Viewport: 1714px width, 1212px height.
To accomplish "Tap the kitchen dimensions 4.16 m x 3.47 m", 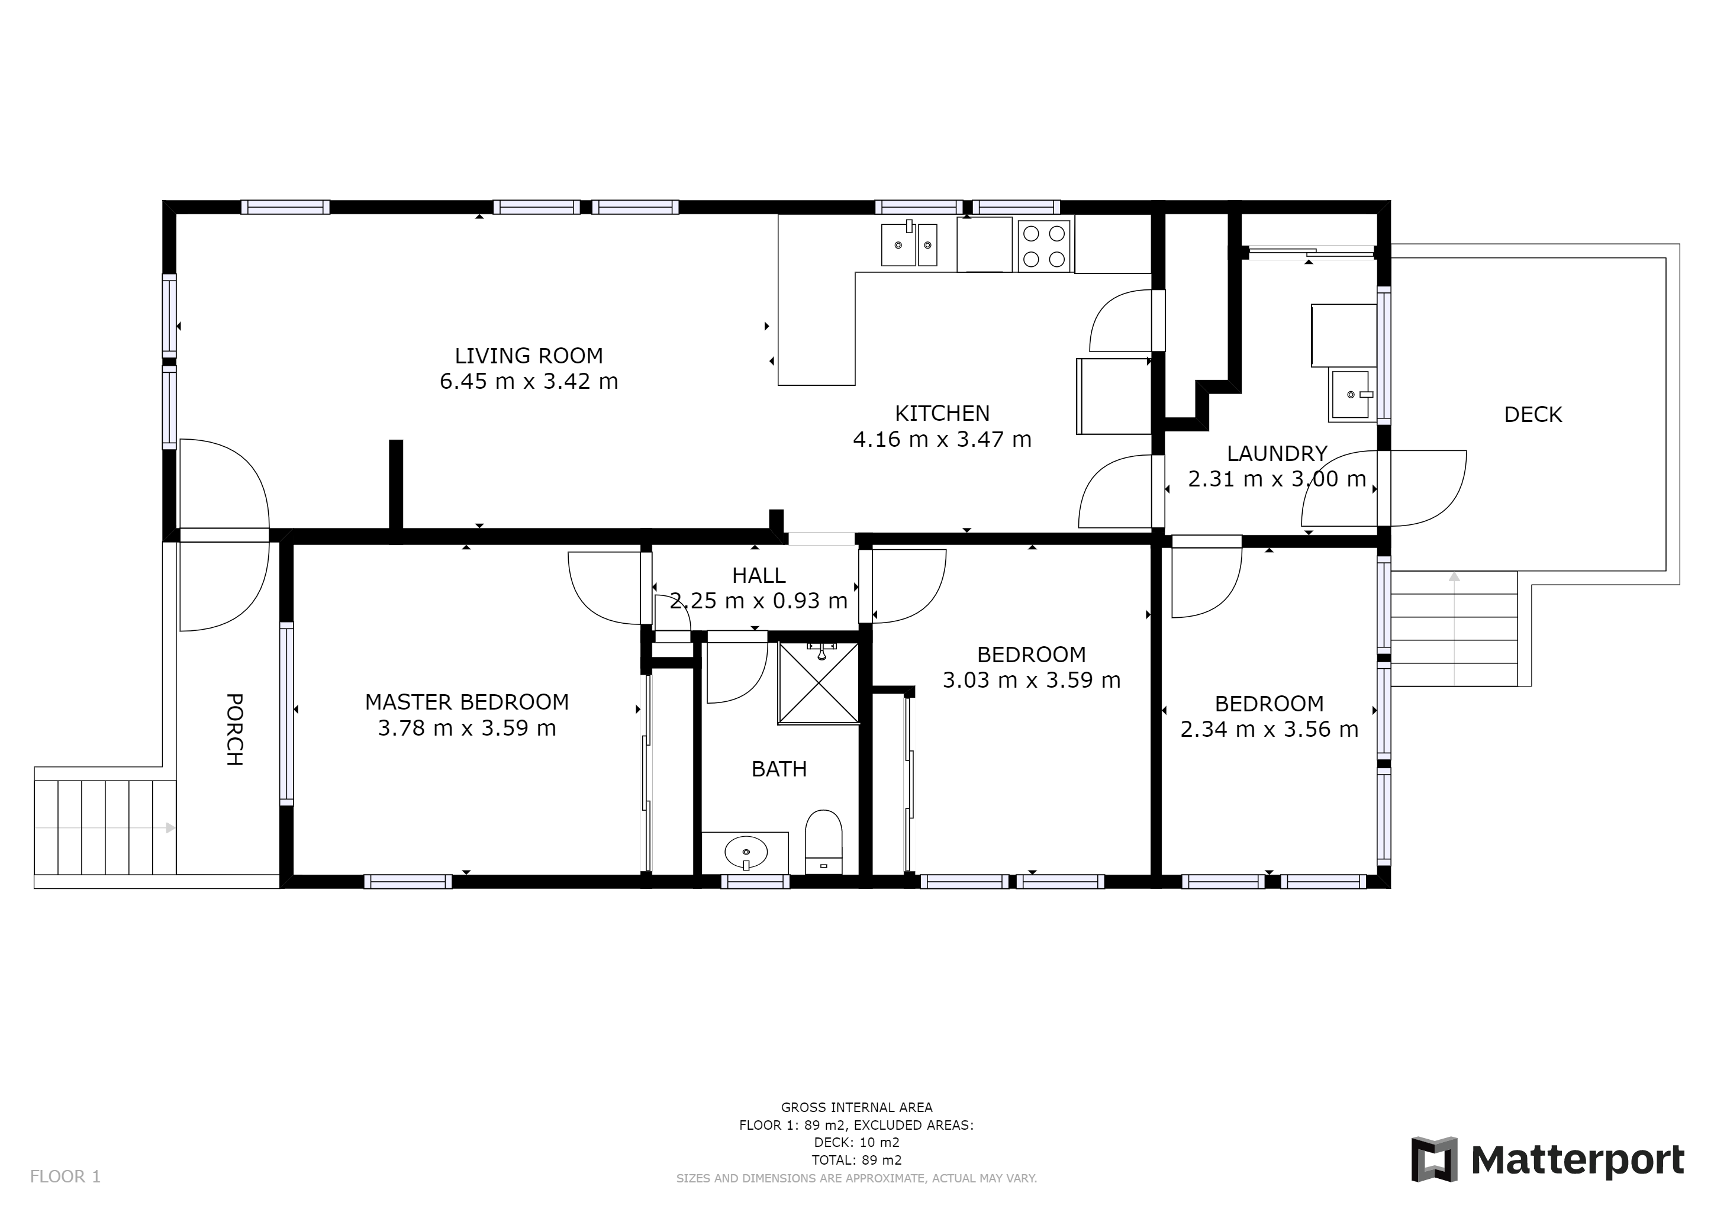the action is click(942, 439).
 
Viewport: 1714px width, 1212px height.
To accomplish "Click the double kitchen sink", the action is click(909, 243).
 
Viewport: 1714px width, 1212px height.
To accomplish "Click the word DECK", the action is click(1532, 414).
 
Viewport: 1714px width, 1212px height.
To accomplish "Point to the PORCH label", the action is click(234, 729).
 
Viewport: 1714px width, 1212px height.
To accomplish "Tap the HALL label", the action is click(759, 575).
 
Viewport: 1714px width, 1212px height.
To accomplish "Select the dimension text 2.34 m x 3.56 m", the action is click(1269, 729).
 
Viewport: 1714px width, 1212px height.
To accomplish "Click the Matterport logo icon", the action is click(1434, 1159).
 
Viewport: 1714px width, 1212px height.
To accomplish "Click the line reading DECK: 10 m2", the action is click(856, 1143).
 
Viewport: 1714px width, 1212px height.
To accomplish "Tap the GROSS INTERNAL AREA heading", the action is click(856, 1107).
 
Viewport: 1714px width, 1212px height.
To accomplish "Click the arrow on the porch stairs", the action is click(105, 828).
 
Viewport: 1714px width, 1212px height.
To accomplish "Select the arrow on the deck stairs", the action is click(1454, 628).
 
